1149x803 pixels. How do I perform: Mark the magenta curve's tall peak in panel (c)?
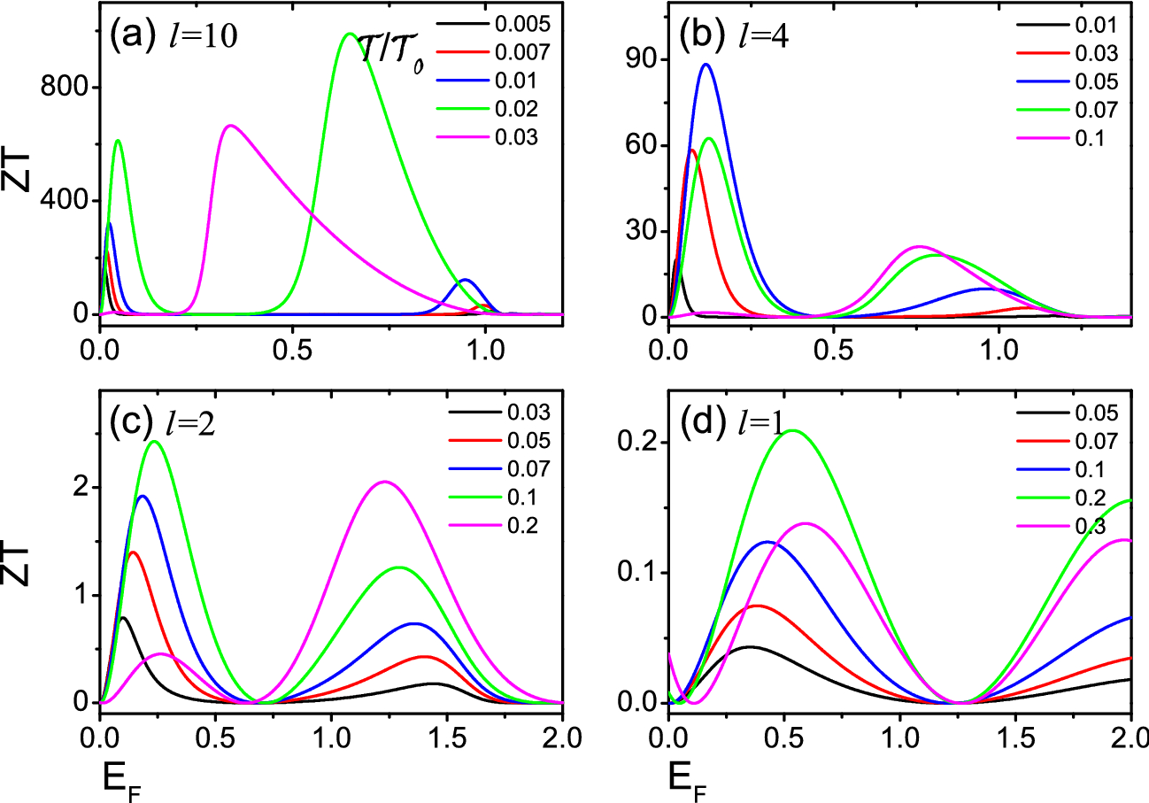click(x=384, y=482)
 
